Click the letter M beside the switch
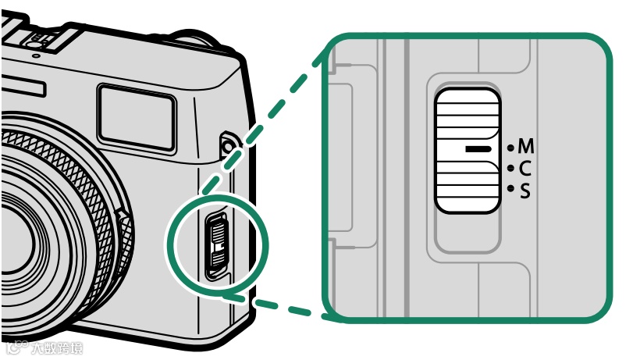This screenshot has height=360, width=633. point(526,147)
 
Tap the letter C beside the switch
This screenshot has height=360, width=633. point(525,168)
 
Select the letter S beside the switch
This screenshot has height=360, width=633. point(525,189)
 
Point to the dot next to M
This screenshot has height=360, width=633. point(510,147)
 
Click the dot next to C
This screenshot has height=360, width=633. point(510,168)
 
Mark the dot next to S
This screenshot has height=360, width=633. point(510,188)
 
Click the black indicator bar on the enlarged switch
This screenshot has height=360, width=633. point(477,148)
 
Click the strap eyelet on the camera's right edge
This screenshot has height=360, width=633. point(227,144)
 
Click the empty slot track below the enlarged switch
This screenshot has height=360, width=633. point(467,233)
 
